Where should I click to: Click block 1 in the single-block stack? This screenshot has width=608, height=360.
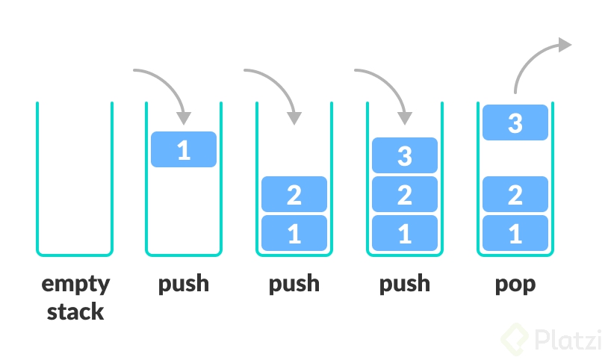click(184, 149)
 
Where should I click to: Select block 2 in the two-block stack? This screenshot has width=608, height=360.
click(294, 195)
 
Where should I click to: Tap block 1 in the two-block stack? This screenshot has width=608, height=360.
click(294, 233)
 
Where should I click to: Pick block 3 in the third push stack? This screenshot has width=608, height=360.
click(405, 156)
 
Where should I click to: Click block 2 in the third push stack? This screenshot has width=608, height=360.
click(405, 195)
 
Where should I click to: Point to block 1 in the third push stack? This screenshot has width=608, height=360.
click(405, 233)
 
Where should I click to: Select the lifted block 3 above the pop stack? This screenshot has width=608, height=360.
click(515, 122)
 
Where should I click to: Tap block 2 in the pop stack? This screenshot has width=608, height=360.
click(515, 195)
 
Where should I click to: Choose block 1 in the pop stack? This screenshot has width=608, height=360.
click(515, 233)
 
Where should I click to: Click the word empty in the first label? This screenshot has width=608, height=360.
click(75, 285)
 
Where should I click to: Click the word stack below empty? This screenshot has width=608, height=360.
click(75, 311)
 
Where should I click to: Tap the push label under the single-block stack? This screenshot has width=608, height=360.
click(184, 285)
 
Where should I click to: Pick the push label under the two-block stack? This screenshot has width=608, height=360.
click(294, 285)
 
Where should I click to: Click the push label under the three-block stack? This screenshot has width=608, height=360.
click(405, 285)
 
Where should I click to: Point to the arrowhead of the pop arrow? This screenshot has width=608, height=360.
click(564, 46)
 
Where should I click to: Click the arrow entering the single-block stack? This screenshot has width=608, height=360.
click(168, 83)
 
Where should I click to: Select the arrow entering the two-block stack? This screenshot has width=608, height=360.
click(279, 83)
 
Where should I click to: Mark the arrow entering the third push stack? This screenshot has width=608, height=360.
click(389, 83)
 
